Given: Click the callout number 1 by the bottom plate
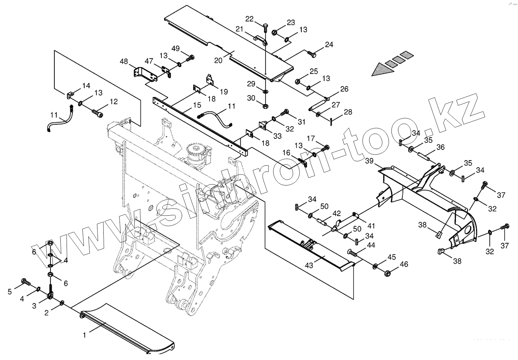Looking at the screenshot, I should (84, 335).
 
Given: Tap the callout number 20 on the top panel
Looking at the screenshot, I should (218, 60).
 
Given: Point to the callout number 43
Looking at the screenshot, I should (309, 265).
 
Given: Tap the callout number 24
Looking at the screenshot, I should (329, 45).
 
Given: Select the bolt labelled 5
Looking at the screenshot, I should (26, 282).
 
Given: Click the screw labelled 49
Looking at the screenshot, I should (191, 57).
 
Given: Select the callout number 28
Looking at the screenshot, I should (348, 112).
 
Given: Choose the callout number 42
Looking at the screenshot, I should (337, 213).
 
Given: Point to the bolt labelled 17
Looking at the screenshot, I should (326, 148).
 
